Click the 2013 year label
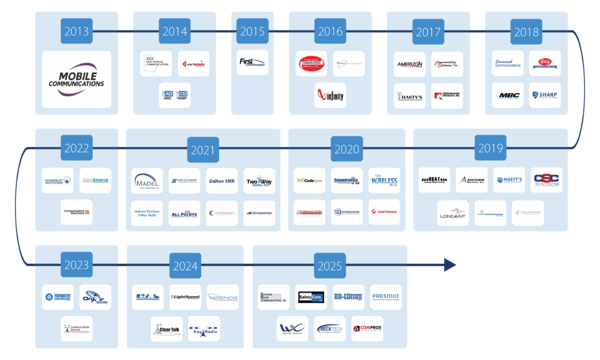[76, 32]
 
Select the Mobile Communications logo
[76, 79]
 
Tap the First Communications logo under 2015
[253, 62]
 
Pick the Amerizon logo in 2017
[410, 64]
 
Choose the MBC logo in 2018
[507, 95]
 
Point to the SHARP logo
[544, 95]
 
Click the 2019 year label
[490, 148]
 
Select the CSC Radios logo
[546, 180]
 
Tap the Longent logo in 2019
[453, 213]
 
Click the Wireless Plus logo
[384, 181]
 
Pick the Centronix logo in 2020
[384, 212]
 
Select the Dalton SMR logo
[221, 181]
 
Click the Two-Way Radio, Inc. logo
[259, 181]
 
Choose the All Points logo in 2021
[184, 213]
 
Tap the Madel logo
[146, 181]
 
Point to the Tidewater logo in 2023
[59, 297]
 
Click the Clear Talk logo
[166, 329]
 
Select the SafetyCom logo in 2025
[311, 297]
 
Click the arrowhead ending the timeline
[449, 266]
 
